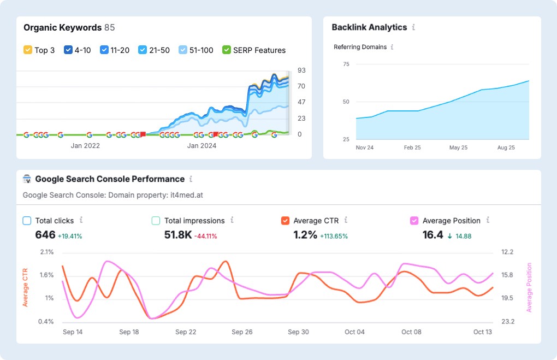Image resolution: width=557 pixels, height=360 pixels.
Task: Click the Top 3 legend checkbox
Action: click(28, 50)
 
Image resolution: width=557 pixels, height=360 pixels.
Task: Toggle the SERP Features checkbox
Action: click(227, 50)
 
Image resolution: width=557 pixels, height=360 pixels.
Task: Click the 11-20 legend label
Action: click(120, 50)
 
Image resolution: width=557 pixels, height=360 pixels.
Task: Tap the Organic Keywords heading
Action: click(62, 27)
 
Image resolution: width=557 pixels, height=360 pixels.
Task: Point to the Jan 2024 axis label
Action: click(202, 145)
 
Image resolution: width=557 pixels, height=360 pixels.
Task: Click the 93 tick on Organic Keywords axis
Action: click(301, 70)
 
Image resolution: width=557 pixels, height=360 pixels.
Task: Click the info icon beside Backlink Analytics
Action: click(413, 27)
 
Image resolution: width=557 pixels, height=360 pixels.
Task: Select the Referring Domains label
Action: click(360, 47)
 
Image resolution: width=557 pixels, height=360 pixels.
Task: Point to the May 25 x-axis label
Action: click(458, 147)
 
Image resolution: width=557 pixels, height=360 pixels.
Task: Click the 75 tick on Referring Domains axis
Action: click(345, 64)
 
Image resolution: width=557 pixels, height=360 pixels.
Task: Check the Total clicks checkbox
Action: click(27, 221)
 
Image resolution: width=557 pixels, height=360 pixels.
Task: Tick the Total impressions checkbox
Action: click(156, 221)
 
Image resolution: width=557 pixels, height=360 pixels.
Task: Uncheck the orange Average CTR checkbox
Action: click(285, 221)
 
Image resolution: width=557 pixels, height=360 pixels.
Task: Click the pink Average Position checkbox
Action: click(414, 221)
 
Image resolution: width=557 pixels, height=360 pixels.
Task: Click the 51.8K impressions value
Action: click(177, 235)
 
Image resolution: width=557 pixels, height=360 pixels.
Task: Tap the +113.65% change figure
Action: click(334, 236)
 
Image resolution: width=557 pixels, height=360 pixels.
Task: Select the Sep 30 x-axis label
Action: click(298, 332)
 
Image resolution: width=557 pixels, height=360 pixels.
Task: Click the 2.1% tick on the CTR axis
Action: click(46, 252)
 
